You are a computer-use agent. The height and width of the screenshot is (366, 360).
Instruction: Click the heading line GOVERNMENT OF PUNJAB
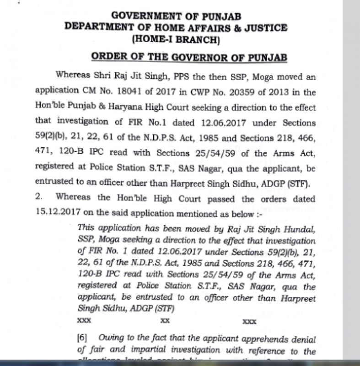[x=176, y=16]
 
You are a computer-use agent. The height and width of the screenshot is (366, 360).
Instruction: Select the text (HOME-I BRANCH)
[x=176, y=39]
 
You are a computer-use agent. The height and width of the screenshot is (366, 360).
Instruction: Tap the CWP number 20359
[x=241, y=92]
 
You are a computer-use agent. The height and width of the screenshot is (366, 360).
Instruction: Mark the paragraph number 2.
[x=39, y=199]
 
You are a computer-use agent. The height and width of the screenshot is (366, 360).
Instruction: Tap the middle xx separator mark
[x=166, y=321]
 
